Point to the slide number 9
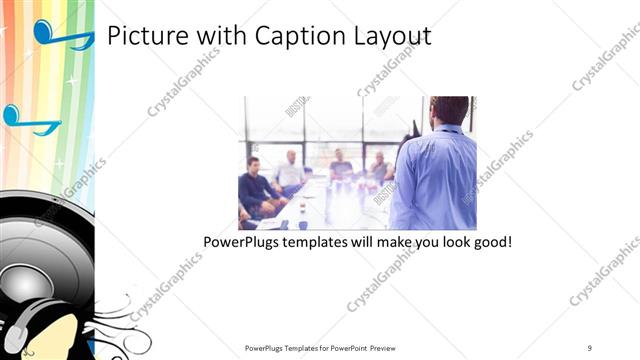tap(589, 347)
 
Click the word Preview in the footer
tap(390, 347)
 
